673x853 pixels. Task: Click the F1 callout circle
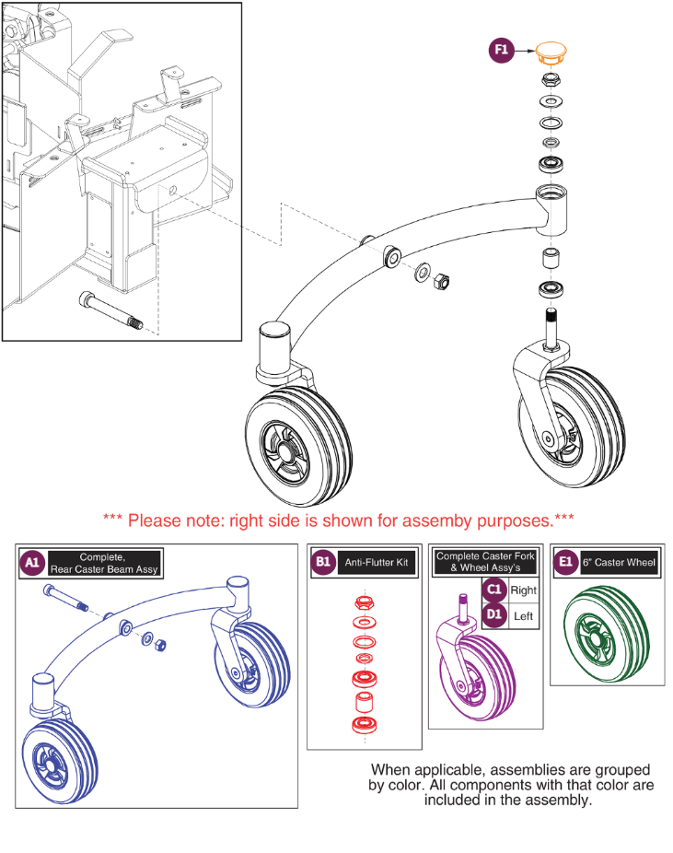(502, 52)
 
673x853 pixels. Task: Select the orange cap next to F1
(552, 51)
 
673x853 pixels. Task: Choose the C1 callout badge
(495, 590)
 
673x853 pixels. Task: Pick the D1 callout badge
(495, 615)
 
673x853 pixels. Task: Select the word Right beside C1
(524, 590)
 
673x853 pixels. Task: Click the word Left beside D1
(523, 615)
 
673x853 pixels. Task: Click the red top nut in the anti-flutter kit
(363, 603)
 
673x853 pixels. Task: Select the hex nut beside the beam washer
(440, 277)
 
